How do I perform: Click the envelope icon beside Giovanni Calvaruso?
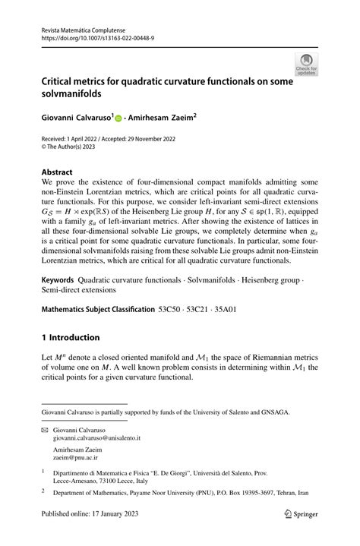(x=47, y=428)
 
